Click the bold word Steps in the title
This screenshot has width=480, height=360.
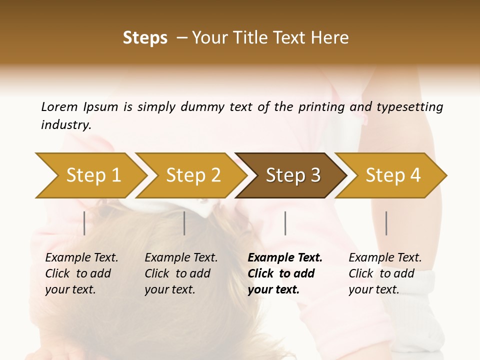145,38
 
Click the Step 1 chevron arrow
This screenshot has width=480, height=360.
90,175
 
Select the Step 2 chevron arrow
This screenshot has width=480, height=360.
192,175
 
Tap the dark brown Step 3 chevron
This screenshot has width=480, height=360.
292,175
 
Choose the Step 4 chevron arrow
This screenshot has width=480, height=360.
392,175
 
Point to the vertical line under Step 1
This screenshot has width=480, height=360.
84,223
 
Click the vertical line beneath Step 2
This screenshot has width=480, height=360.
184,223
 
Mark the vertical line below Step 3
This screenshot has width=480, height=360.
285,223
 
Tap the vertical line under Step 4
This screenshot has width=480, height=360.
386,223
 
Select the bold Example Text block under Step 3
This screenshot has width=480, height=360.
285,273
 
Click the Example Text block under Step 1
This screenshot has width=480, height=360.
81,273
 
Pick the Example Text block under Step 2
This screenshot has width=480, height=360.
181,273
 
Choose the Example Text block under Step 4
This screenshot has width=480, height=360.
385,273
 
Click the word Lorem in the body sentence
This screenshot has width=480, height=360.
59,106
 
